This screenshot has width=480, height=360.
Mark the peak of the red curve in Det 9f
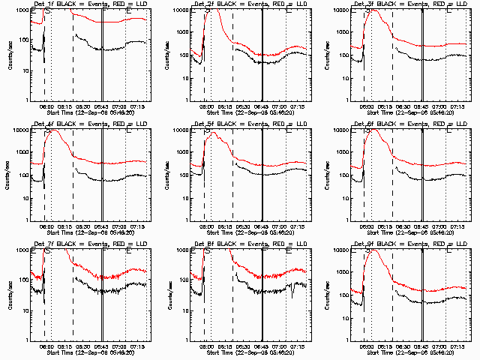[x=373, y=250]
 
